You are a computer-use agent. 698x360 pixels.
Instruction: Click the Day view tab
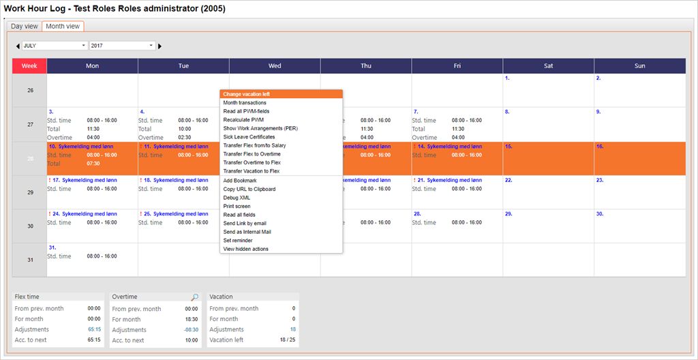point(25,27)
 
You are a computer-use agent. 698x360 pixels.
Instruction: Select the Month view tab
point(63,27)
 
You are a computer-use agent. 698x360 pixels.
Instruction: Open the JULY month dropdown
point(55,46)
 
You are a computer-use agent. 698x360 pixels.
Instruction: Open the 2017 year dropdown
point(123,46)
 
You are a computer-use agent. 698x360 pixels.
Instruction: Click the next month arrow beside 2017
point(160,46)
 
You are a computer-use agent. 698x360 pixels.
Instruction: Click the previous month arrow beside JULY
point(18,46)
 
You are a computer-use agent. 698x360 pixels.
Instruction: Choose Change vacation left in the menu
point(247,94)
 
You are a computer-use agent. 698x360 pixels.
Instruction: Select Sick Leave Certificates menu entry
point(249,137)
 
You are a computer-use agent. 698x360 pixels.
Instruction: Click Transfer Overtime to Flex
point(252,163)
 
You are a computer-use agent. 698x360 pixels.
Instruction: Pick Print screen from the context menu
point(237,206)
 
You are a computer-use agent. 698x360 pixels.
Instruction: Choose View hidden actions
point(246,249)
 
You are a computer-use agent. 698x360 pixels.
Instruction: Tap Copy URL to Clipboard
point(249,189)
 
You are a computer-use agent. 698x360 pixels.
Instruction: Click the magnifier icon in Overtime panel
point(195,297)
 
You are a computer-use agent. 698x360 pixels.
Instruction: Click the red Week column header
point(29,66)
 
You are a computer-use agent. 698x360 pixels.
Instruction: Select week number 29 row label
point(29,192)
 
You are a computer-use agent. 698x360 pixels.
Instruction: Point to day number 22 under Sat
point(509,180)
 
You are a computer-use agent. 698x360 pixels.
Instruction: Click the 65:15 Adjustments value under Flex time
point(94,329)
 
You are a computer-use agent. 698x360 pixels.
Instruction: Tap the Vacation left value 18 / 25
point(288,340)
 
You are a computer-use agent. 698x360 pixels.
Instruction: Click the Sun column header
point(639,66)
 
